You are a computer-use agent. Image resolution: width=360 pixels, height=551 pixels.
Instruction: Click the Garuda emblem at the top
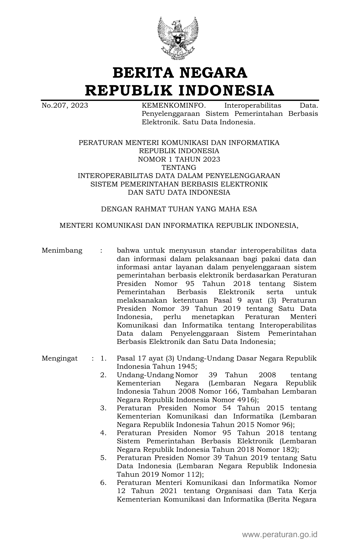pos(178,38)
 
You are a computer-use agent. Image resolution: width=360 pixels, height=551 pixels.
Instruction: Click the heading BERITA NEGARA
pos(180,73)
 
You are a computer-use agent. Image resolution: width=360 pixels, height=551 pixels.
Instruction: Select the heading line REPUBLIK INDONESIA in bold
pos(180,90)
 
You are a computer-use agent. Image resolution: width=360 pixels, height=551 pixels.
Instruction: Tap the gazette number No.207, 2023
pos(65,106)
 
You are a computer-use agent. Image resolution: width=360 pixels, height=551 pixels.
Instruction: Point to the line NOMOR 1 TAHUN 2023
pos(179,159)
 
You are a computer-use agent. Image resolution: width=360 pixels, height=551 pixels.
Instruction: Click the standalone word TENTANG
pos(179,168)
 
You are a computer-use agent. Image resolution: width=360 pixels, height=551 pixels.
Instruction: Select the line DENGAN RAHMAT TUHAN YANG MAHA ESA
pos(179,209)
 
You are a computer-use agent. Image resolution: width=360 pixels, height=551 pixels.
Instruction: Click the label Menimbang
pos(62,251)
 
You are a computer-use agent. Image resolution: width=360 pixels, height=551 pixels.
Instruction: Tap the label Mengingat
pos(60,359)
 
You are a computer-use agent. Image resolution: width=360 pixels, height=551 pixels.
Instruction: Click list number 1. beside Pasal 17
pos(103,359)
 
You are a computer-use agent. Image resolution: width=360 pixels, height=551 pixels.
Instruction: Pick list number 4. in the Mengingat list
pos(103,433)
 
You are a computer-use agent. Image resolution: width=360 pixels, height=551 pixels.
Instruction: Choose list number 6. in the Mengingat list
pos(103,483)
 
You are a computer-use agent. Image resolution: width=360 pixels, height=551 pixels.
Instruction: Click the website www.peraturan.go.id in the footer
pos(280,535)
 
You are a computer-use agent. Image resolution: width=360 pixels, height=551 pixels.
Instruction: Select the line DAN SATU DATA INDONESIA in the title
pos(179,193)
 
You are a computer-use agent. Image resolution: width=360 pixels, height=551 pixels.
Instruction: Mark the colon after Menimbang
pos(101,251)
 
